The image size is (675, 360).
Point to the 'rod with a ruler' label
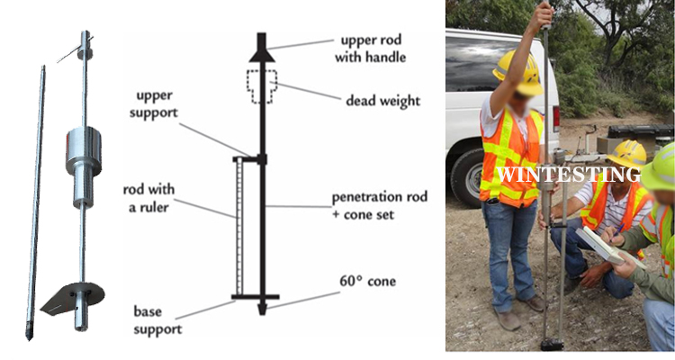tap(149, 200)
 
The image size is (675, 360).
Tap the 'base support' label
tap(158, 319)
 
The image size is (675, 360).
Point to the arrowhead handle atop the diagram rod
tap(262, 49)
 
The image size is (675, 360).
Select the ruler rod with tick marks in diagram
tap(238, 225)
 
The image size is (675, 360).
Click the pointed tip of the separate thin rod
tap(28, 335)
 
